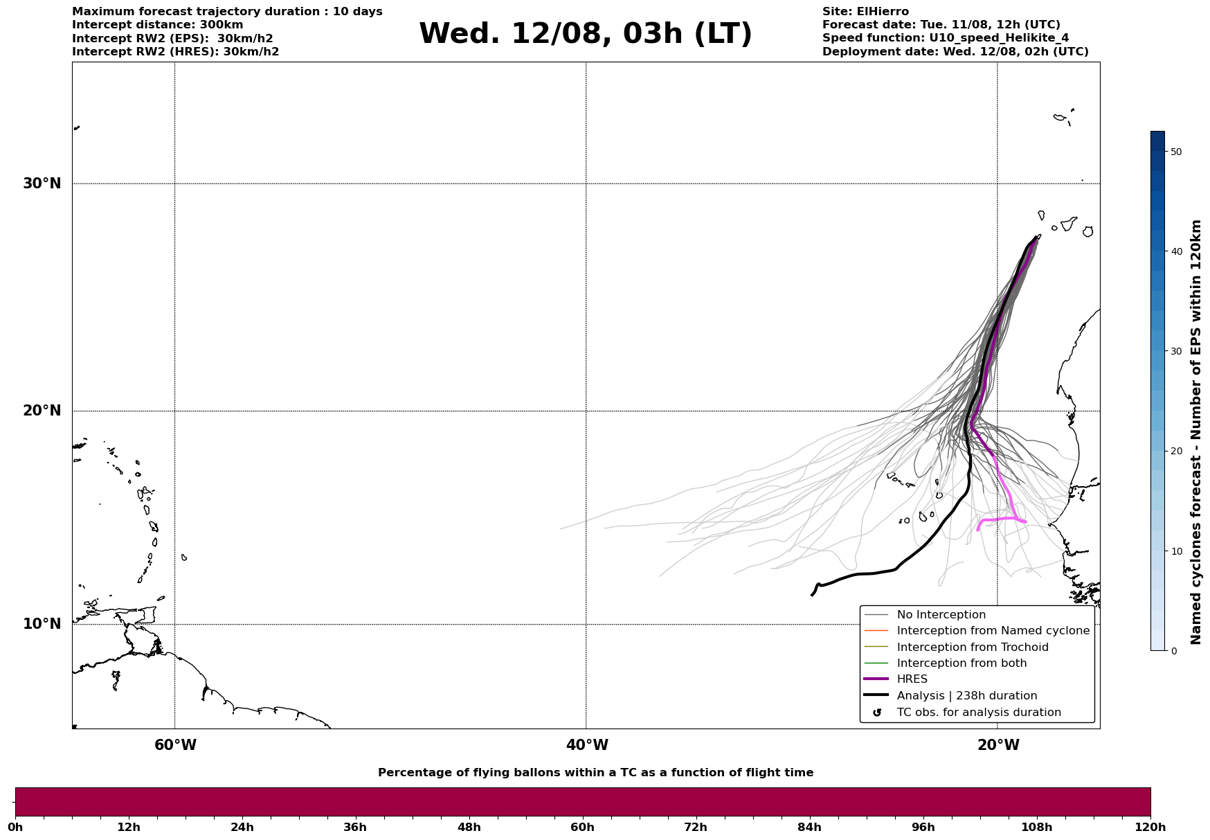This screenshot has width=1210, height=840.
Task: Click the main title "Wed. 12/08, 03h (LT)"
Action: (x=585, y=34)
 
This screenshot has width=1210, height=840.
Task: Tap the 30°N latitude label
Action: (x=42, y=184)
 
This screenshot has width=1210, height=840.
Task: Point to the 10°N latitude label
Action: (x=42, y=624)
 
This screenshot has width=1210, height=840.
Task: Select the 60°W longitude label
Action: (x=175, y=745)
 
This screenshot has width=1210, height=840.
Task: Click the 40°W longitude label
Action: (x=587, y=745)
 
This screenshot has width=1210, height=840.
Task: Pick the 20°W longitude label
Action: (x=998, y=745)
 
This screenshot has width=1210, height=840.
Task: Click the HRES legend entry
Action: (x=912, y=679)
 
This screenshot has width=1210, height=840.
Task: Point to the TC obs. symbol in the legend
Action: (x=877, y=713)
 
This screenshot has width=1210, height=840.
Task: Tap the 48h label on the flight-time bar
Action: (x=469, y=828)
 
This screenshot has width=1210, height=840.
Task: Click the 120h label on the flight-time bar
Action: (x=1150, y=828)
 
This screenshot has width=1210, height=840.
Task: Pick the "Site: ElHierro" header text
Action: (x=865, y=12)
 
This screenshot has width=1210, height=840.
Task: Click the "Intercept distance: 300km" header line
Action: (x=158, y=25)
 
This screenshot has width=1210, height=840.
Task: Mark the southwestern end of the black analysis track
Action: (x=812, y=595)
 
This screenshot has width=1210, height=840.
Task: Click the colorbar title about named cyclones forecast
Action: (x=1195, y=432)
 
